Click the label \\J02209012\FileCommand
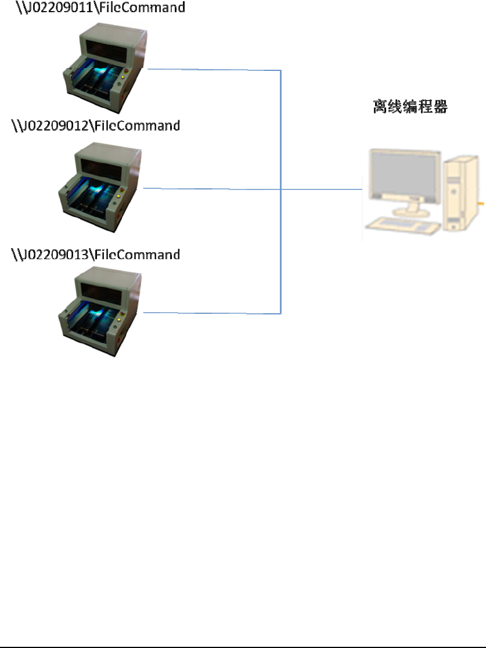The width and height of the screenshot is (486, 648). (96, 125)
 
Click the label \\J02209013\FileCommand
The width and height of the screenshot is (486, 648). (96, 254)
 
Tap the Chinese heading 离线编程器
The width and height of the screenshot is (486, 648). (410, 107)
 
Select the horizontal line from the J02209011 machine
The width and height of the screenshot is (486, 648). (215, 70)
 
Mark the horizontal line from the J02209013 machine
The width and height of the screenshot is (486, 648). (212, 313)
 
